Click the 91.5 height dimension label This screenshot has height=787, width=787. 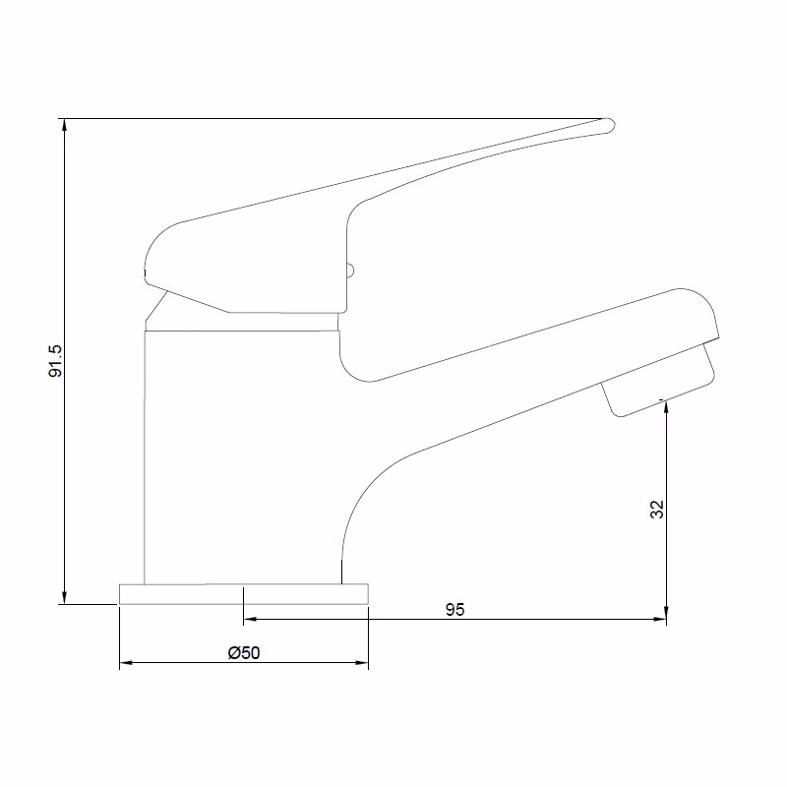tap(56, 361)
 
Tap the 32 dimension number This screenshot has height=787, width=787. tap(658, 509)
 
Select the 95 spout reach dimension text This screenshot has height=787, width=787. tap(454, 610)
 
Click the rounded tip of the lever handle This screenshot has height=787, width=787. tap(607, 125)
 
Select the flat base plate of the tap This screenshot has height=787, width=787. tap(243, 593)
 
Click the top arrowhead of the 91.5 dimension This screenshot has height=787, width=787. tap(65, 125)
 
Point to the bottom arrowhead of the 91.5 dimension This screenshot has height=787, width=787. tap(65, 597)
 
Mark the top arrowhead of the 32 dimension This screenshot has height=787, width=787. tap(667, 404)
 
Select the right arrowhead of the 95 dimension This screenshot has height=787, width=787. tap(661, 620)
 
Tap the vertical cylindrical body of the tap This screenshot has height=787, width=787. tap(241, 453)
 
